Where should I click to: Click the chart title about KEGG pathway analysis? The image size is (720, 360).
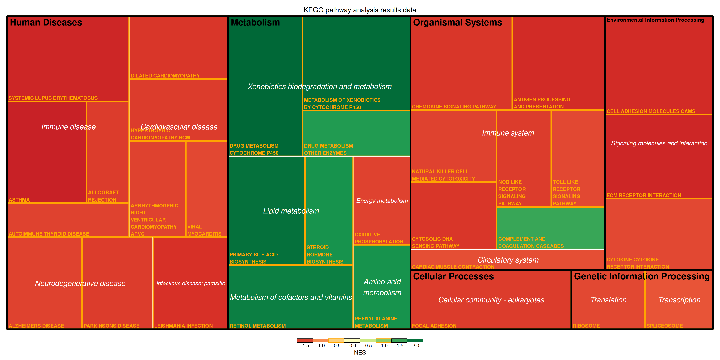[x=360, y=10]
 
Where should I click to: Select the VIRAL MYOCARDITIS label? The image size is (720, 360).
[x=204, y=230]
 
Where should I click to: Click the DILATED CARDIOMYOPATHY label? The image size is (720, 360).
[x=165, y=76]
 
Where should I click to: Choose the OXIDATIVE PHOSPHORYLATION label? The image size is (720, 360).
[x=379, y=238]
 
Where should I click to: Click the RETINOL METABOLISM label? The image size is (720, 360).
[x=257, y=326]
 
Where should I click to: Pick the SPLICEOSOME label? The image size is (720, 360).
[x=664, y=326]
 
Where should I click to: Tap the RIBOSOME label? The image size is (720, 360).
[x=586, y=326]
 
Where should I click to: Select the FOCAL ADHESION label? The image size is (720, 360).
[x=434, y=326]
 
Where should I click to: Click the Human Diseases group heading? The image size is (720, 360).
[x=46, y=22]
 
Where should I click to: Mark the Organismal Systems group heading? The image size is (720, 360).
[x=457, y=22]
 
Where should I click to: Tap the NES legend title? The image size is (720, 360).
[x=360, y=352]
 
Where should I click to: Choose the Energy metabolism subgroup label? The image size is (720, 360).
[x=382, y=201]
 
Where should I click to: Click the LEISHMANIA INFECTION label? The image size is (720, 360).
[x=183, y=326]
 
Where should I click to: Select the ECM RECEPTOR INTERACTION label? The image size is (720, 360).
[x=643, y=195]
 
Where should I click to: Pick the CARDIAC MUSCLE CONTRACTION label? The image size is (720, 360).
[x=453, y=267]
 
